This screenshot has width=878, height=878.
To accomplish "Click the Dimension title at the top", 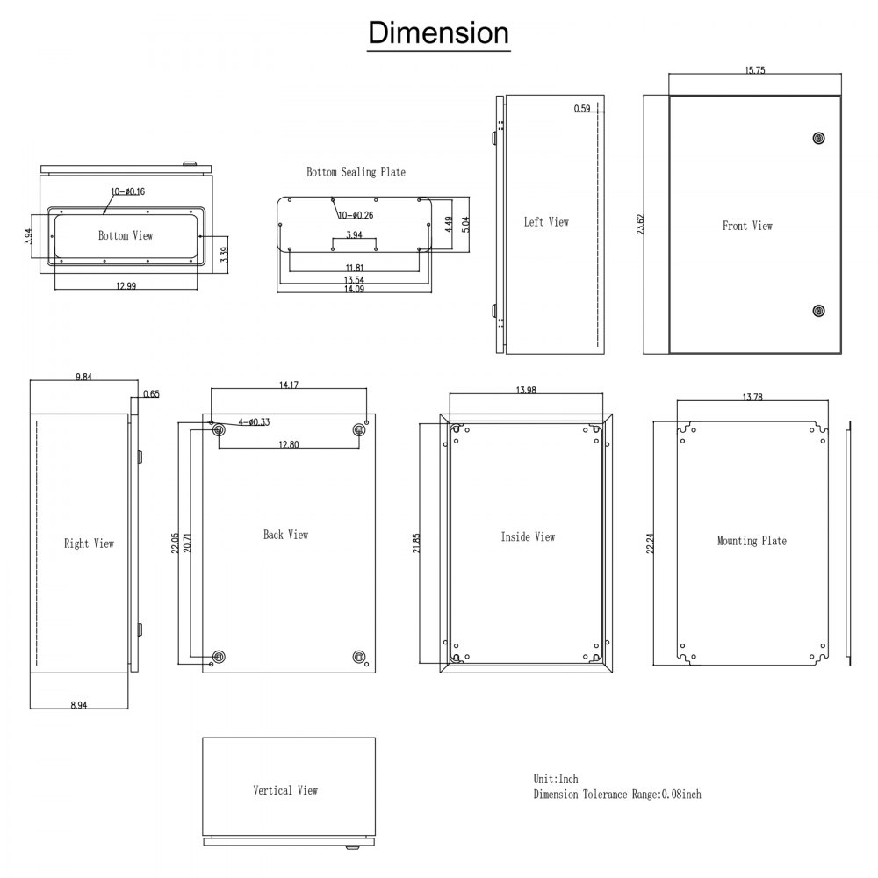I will click(438, 32).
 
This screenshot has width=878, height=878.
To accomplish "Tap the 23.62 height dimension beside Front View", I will click(641, 224).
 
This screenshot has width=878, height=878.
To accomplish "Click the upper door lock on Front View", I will click(818, 138).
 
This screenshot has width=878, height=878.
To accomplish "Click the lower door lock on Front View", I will click(818, 310).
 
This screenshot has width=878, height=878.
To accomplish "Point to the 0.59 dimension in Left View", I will click(582, 109).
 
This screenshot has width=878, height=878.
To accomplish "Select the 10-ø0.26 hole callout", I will click(356, 215).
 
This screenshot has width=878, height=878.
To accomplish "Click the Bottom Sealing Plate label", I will click(356, 172).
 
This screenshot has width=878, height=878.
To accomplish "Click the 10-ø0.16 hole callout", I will click(127, 191).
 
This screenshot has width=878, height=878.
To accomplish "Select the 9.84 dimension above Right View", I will click(84, 376).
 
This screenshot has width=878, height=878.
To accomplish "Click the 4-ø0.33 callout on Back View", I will click(254, 422).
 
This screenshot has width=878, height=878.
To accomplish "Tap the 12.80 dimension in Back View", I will click(288, 444).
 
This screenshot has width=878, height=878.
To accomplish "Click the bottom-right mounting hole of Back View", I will click(358, 657).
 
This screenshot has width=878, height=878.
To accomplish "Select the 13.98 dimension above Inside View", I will click(524, 389).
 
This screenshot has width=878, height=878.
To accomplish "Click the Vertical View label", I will click(285, 790).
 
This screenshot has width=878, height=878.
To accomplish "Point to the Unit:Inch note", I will click(556, 779).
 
